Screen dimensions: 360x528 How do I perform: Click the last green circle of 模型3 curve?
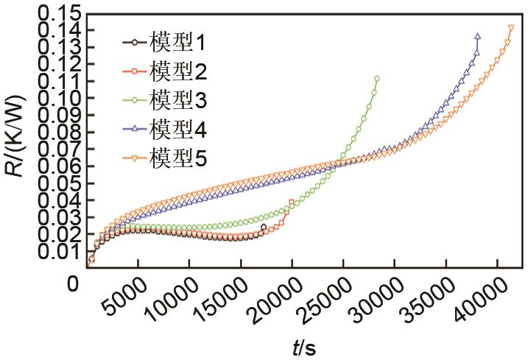[377, 79]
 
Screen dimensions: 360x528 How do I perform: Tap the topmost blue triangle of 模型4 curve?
[478, 36]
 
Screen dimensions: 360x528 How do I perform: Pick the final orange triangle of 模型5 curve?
[511, 28]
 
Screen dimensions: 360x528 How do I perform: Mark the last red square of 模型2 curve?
[292, 202]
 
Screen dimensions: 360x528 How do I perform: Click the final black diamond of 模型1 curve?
[264, 227]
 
